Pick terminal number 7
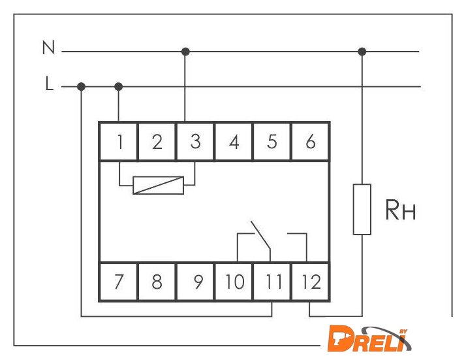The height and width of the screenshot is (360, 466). [x=118, y=282]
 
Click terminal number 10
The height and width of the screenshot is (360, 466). [x=234, y=282]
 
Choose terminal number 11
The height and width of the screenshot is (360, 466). [x=272, y=282]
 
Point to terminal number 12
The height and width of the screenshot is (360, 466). [x=311, y=282]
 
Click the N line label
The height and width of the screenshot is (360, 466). [x=48, y=48]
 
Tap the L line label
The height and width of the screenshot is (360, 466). [x=49, y=84]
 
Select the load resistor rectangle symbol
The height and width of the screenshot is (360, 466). [x=362, y=209]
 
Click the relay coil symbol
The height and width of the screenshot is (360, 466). [x=158, y=185]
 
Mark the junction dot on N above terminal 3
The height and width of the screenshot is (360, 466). [x=185, y=51]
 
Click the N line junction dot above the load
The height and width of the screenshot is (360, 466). [x=362, y=51]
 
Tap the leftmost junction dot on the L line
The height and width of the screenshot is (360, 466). [x=81, y=86]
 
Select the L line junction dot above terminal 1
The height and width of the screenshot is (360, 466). [x=119, y=86]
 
